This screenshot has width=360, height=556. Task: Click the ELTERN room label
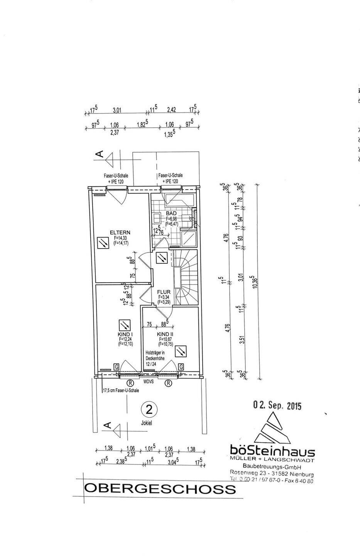point(120,232)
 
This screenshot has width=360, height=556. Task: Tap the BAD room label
point(171,214)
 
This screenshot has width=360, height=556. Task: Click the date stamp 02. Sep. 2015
point(277,406)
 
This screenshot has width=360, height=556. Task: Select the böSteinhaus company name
point(272,451)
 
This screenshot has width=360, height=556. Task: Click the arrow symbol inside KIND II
point(181,351)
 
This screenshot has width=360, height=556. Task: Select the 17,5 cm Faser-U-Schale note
point(120,390)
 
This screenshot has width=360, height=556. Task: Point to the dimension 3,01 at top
point(117,110)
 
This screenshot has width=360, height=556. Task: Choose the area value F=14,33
point(120,238)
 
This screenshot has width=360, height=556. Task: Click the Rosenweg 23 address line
point(272,474)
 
